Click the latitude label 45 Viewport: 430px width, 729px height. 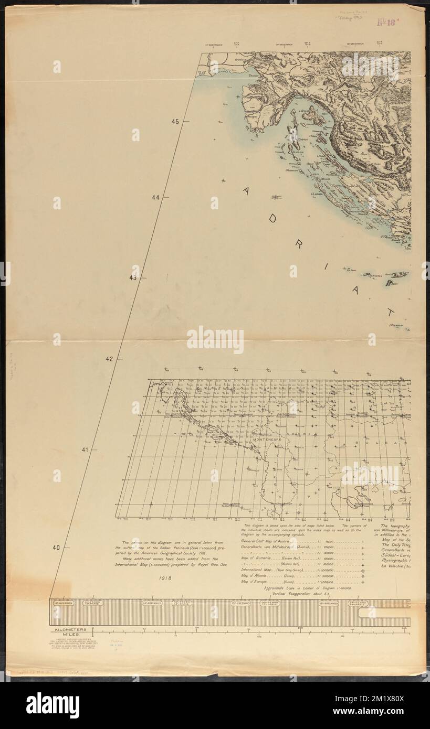pyautogui.click(x=175, y=122)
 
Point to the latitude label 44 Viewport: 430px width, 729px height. pyautogui.click(x=155, y=198)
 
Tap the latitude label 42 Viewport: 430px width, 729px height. pyautogui.click(x=110, y=359)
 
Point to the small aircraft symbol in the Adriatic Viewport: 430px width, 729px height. pyautogui.click(x=275, y=197)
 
